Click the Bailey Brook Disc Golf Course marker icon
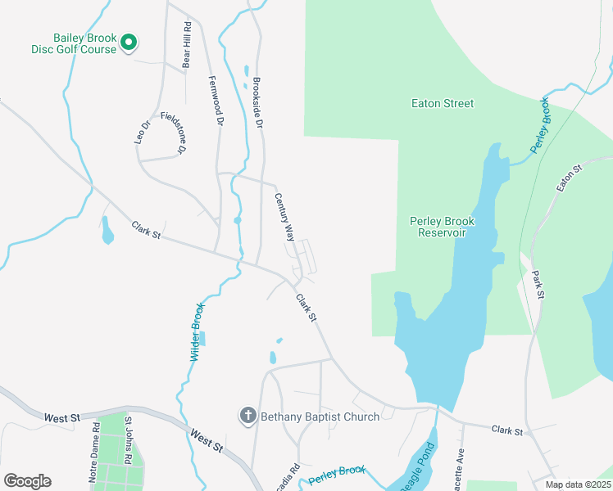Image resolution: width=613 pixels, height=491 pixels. tap(129, 43)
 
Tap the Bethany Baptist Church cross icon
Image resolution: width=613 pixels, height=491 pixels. tap(247, 417)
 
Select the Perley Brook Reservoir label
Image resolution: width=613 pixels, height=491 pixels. tap(442, 227)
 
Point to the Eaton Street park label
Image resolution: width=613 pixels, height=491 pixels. tap(443, 104)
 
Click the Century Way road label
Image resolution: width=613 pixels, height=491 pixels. tap(284, 216)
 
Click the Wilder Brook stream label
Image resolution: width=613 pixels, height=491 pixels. tap(197, 332)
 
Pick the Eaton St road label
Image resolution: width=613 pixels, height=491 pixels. tap(568, 178)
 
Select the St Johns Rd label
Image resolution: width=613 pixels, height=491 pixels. tap(128, 441)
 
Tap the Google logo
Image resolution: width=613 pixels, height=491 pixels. tap(27, 481)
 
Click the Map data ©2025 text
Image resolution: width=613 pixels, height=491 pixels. tap(577, 484)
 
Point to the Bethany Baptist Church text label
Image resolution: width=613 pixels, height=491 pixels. tap(320, 417)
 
